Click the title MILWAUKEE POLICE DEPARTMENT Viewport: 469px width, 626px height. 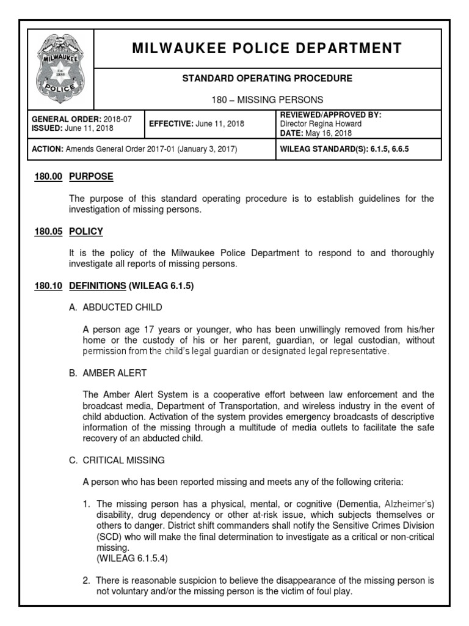click(267, 48)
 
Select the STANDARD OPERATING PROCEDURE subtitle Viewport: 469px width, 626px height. click(267, 79)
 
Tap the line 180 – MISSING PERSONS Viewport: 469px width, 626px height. click(267, 99)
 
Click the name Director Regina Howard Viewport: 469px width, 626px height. click(321, 123)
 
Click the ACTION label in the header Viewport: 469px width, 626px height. click(46, 149)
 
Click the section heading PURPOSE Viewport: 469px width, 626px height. click(91, 177)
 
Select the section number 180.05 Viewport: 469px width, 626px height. click(47, 232)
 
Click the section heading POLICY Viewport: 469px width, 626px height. click(85, 232)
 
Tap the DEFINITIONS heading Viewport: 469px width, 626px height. click(97, 286)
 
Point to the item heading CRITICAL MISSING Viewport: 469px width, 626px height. click(124, 460)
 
